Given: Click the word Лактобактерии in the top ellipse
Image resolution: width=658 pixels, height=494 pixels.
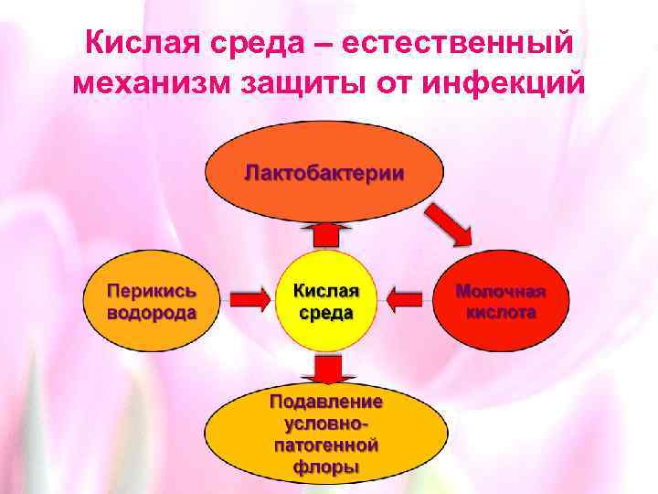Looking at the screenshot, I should [x=324, y=172].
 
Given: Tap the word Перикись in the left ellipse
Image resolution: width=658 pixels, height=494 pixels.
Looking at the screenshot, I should [x=152, y=290].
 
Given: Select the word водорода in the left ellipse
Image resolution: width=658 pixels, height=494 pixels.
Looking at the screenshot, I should [x=152, y=311].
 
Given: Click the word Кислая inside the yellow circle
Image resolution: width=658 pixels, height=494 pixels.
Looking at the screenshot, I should [x=326, y=290].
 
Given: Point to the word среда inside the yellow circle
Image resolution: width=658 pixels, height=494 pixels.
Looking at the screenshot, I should [x=326, y=311].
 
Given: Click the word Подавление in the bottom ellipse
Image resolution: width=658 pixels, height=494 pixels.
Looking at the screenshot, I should [x=326, y=402].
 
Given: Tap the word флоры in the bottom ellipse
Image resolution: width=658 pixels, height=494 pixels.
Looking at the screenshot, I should [x=326, y=467].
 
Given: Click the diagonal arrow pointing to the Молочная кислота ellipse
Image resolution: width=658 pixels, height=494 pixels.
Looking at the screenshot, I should [x=451, y=222].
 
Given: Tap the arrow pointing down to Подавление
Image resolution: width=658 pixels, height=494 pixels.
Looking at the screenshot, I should [x=326, y=368].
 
